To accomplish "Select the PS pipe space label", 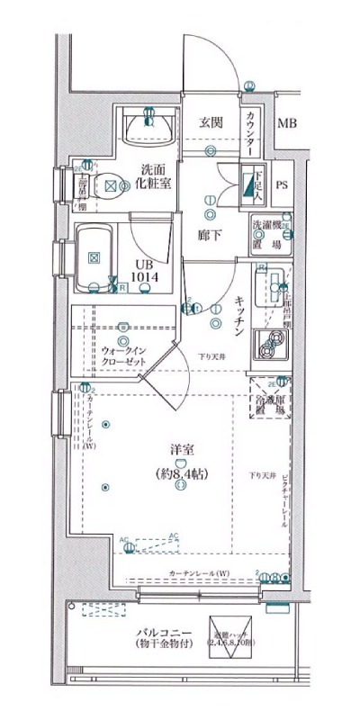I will point(282,186).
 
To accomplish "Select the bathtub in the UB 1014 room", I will point(94,257).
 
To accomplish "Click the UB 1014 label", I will point(144,270).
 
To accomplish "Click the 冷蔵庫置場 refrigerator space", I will point(270,398).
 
